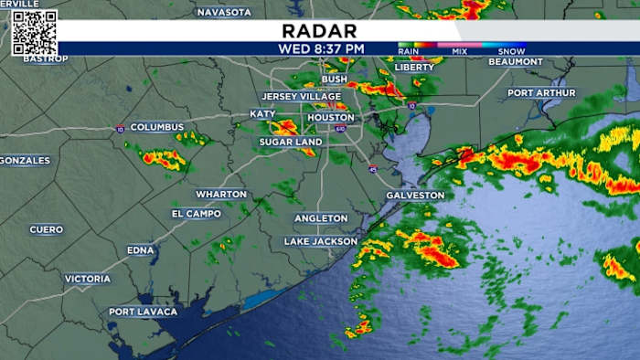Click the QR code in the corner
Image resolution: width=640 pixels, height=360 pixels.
(x=35, y=33)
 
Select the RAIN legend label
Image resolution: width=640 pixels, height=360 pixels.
(x=410, y=51)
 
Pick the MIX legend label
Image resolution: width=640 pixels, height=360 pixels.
(x=460, y=51)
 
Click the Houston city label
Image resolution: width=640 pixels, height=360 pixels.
(x=331, y=118)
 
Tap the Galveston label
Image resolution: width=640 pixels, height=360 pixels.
(x=415, y=196)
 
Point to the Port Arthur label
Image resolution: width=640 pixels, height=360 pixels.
(x=542, y=92)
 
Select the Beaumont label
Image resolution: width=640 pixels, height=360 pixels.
(x=541, y=61)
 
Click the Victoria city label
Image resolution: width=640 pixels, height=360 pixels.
(x=88, y=279)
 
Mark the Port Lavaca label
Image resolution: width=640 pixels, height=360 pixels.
(x=144, y=312)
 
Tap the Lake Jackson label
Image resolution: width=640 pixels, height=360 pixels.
(x=321, y=241)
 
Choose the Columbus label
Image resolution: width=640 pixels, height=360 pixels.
(x=156, y=127)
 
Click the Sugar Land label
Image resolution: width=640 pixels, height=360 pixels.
(x=290, y=143)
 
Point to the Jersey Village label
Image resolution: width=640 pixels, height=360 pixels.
(x=301, y=97)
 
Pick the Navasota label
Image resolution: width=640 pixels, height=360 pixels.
(x=224, y=12)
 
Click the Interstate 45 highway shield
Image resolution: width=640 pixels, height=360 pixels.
(x=373, y=169)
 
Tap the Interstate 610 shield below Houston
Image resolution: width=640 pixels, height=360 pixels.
(x=340, y=129)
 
